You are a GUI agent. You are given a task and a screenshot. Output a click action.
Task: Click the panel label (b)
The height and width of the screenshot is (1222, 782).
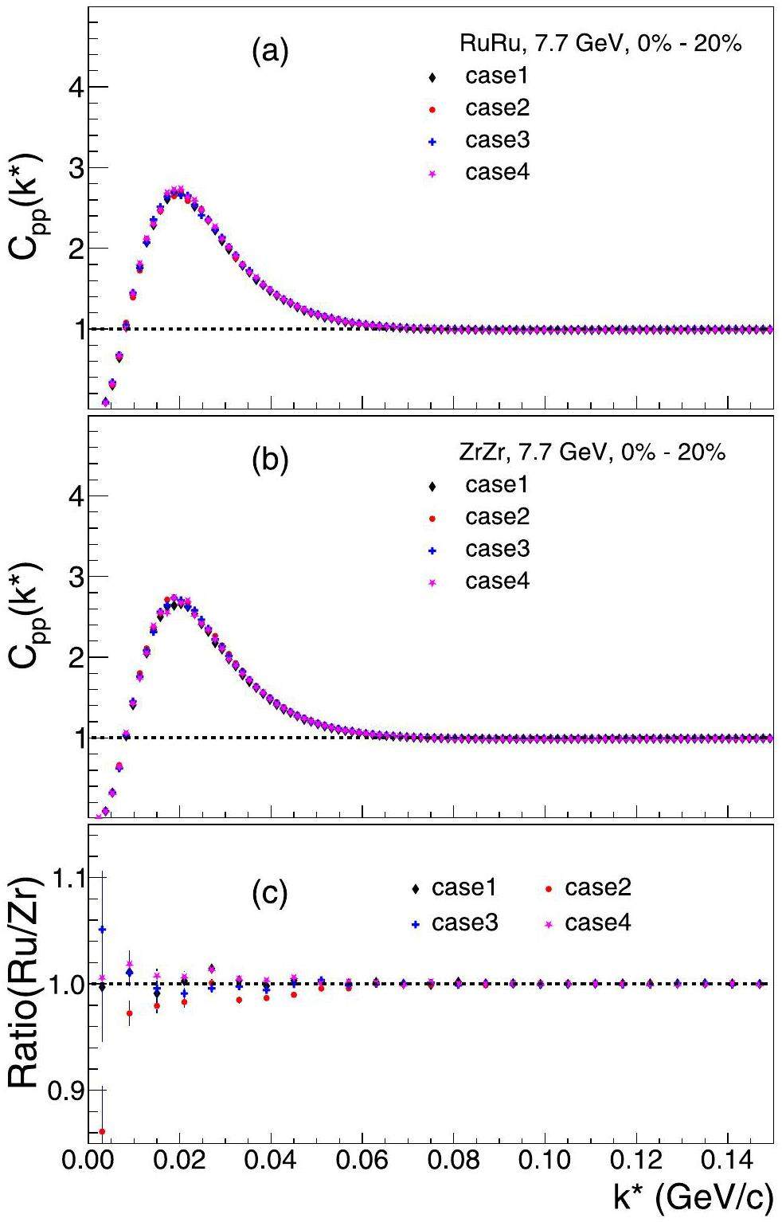click(x=269, y=462)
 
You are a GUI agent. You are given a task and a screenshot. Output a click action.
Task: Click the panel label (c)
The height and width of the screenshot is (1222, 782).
click(x=269, y=895)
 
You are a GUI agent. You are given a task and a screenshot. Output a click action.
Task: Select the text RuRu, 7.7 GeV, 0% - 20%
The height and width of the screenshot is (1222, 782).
click(x=601, y=44)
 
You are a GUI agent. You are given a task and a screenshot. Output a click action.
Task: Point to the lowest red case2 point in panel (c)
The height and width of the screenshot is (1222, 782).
click(x=102, y=1131)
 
